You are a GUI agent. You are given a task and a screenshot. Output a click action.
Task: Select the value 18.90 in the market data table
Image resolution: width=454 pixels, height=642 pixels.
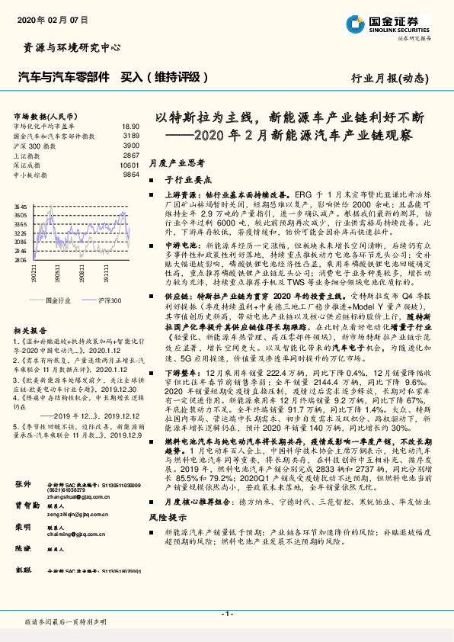[130, 126]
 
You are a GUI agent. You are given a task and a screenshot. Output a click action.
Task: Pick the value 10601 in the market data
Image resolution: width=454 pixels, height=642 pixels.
[129, 165]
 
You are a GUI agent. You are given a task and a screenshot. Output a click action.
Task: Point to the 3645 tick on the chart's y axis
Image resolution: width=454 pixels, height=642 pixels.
[21, 207]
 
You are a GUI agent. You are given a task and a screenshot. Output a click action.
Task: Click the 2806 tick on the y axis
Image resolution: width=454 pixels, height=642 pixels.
[21, 260]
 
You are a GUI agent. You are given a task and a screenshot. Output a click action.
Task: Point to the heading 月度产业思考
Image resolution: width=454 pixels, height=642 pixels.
[177, 162]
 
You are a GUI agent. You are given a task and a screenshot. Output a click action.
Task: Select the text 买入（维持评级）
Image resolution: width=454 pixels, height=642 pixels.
[164, 77]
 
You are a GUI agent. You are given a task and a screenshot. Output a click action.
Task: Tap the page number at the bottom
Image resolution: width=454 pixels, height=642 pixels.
[226, 614]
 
